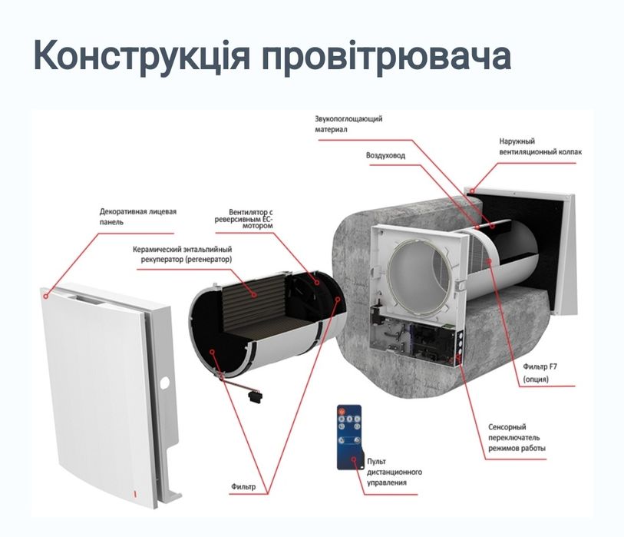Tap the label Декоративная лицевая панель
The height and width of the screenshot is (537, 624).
pos(138,216)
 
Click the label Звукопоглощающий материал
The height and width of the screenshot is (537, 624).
pos(348,124)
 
